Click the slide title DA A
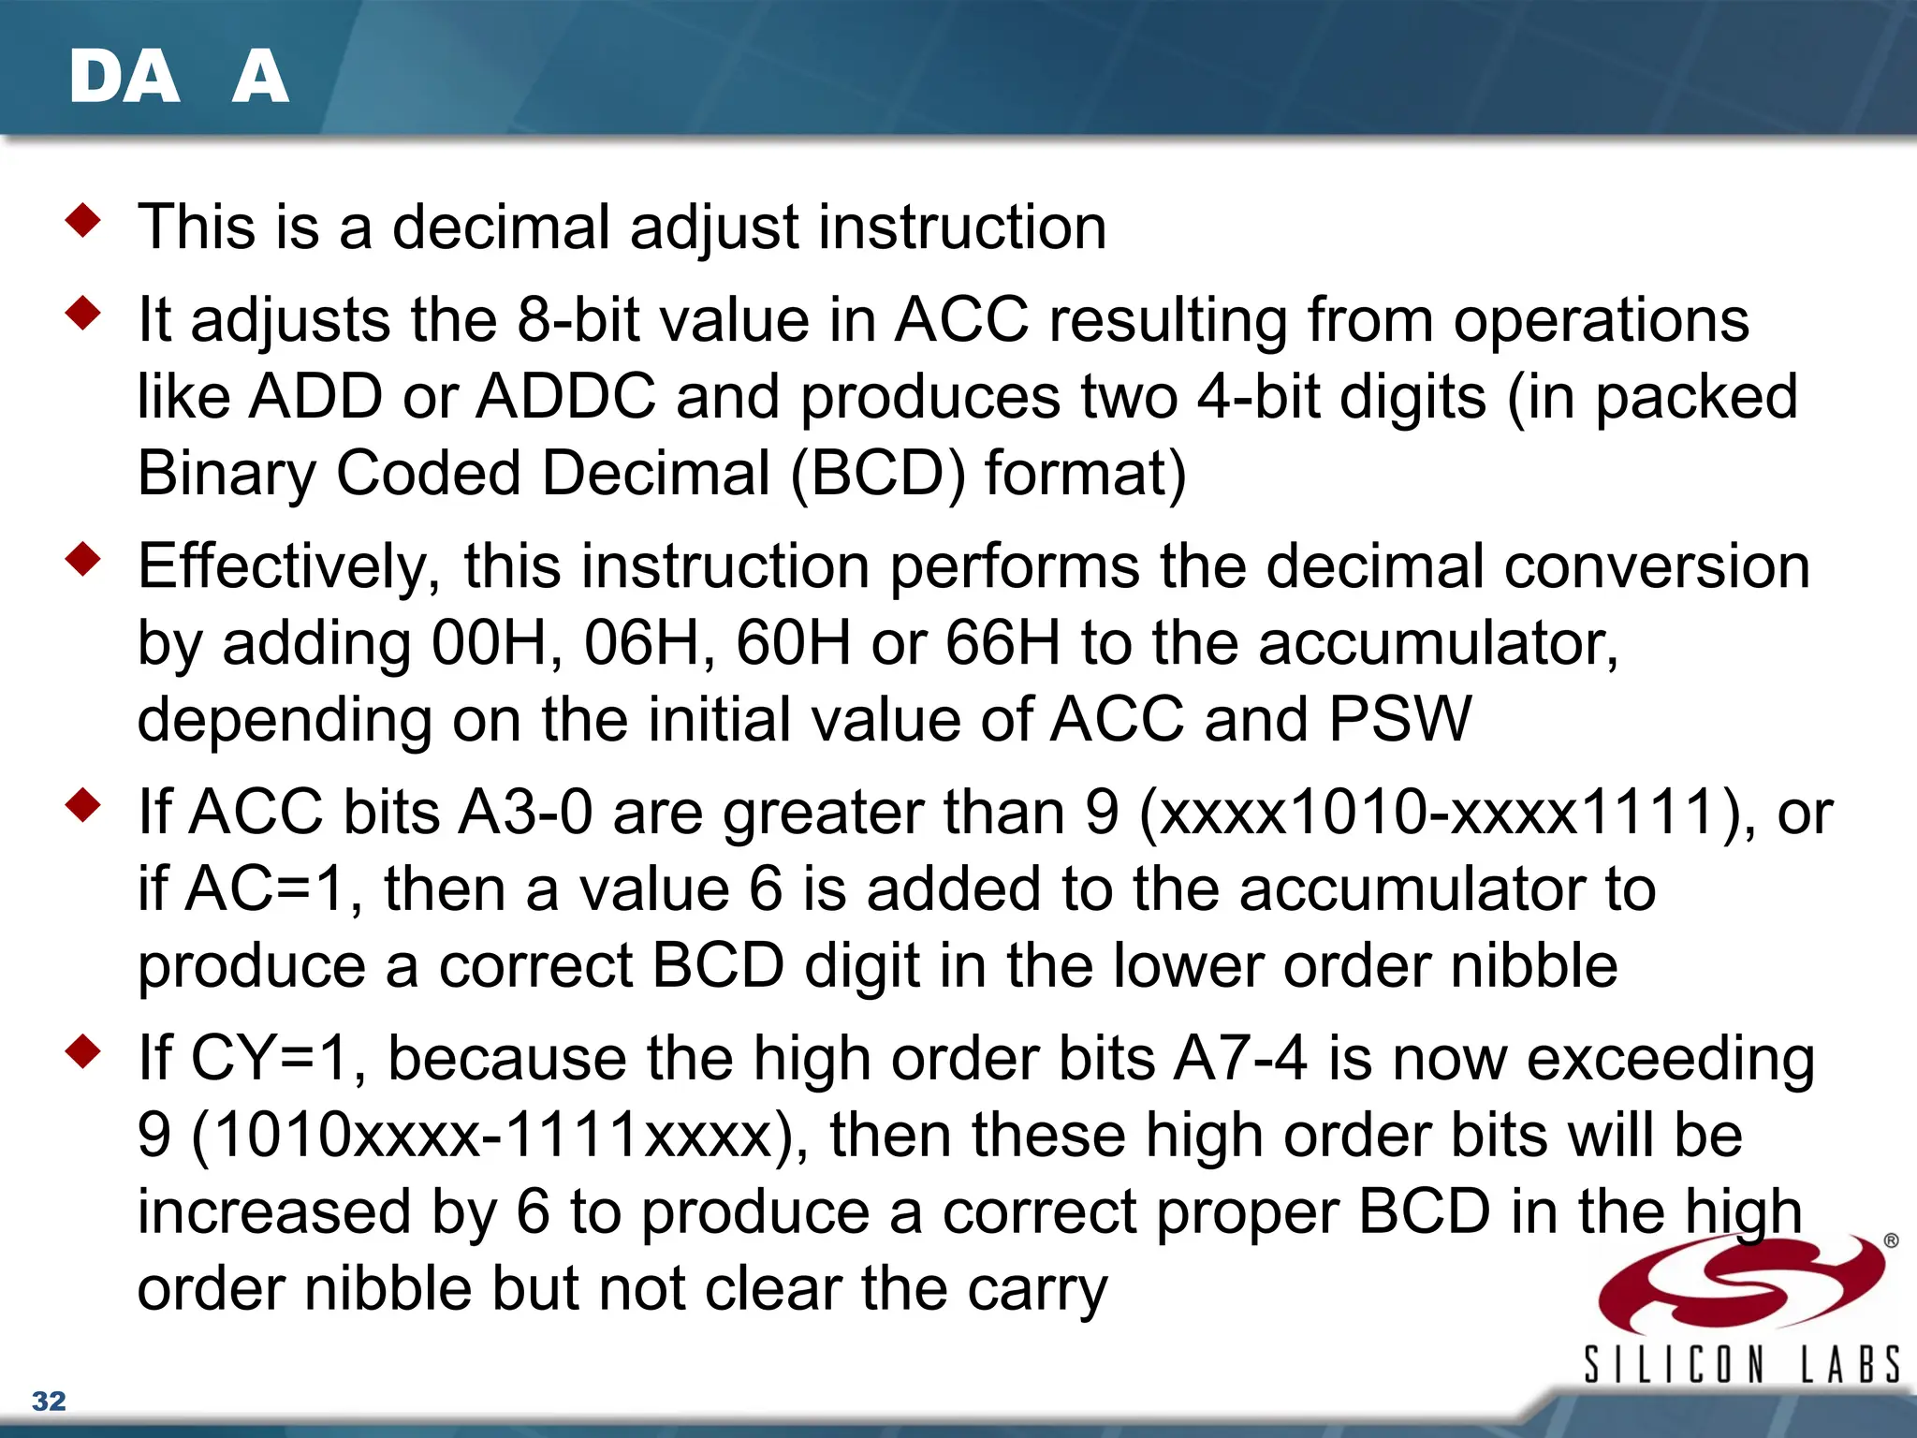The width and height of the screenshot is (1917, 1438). pos(178,77)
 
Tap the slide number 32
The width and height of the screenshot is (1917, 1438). pos(49,1401)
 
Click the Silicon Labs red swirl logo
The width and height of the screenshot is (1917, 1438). pos(1741,1283)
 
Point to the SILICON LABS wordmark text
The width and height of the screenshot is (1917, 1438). pos(1741,1364)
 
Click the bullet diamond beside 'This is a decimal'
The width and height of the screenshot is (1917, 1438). pos(83,221)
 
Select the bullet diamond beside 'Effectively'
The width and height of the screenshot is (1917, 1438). pos(83,560)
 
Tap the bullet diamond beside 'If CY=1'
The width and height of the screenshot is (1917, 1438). pos(83,1051)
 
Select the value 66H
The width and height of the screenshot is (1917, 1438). pos(1002,644)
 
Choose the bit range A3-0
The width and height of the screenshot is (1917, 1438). pos(525,812)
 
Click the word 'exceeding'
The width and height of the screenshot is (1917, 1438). pos(1671,1061)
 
